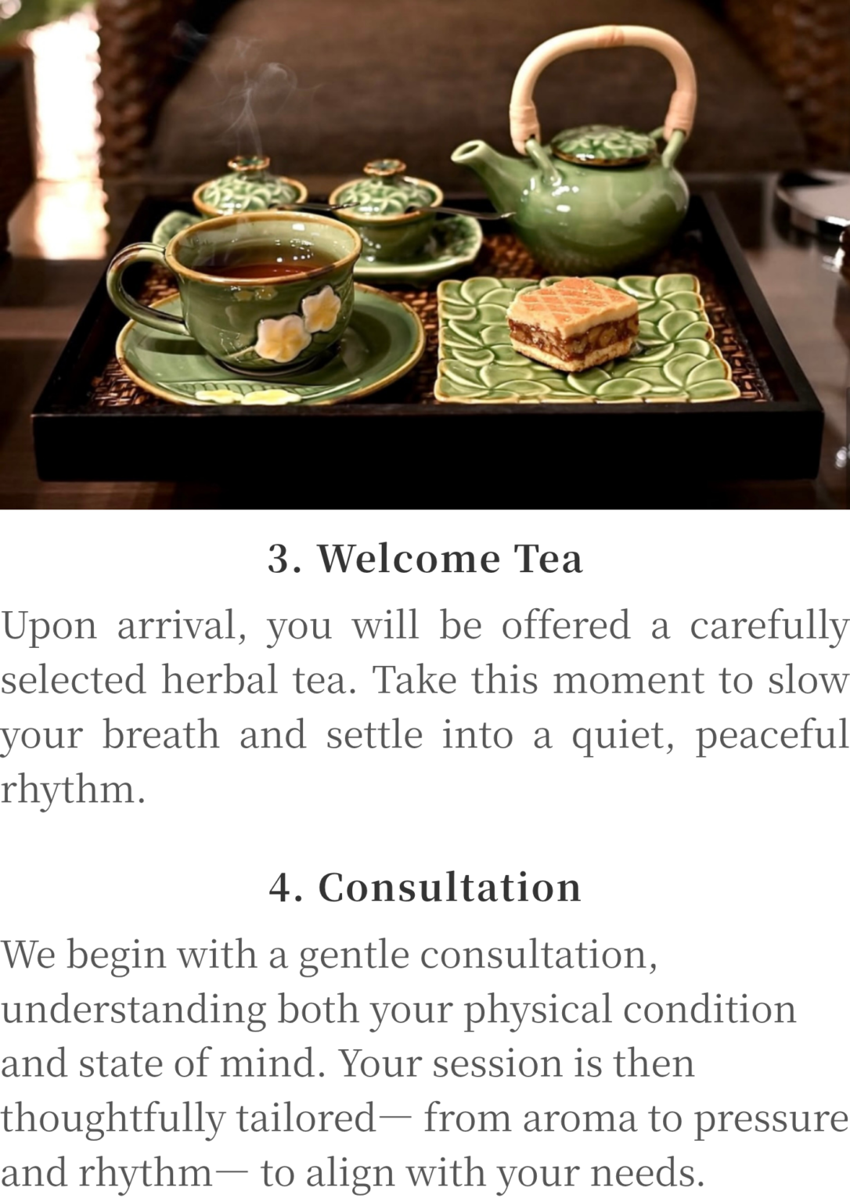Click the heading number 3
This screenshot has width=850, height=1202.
tap(280, 560)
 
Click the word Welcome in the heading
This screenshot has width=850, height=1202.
tap(409, 559)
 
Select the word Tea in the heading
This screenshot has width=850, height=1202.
tap(549, 559)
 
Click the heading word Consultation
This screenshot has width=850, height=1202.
tap(450, 887)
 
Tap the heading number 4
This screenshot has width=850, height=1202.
tap(281, 887)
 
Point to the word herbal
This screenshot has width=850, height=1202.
tap(219, 678)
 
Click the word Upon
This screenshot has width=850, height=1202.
tap(49, 626)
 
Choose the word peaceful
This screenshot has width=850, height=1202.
tap(772, 736)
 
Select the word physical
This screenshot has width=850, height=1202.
tap(537, 1009)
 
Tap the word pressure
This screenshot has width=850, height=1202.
tap(772, 1121)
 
